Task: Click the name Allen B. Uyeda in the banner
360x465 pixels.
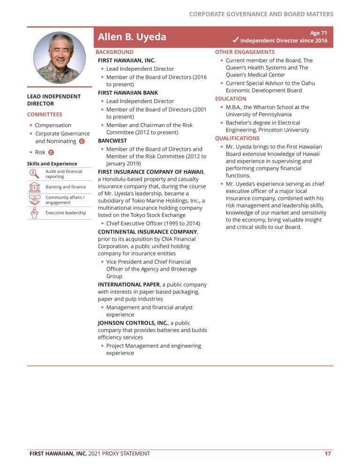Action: point(132,37)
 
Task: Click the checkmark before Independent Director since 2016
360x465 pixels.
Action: point(235,40)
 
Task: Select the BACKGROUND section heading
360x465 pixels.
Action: point(114,52)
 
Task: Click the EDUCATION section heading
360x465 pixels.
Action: point(231,99)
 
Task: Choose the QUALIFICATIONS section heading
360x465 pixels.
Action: point(237,138)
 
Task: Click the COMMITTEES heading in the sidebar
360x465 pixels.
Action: point(45,114)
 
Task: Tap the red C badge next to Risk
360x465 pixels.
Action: point(51,152)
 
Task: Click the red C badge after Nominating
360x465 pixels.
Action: point(82,141)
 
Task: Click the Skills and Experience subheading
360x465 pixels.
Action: point(52,164)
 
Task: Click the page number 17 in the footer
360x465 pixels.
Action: point(328,453)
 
